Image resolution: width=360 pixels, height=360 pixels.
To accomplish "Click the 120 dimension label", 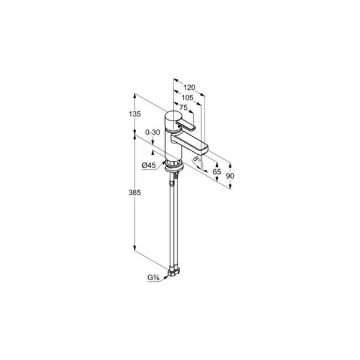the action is pos(189,87).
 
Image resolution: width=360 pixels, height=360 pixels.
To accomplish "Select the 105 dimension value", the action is pos(188,98).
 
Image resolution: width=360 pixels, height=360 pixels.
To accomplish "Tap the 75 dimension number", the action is pos(183,107).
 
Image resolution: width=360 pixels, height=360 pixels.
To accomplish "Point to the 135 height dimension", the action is pos(135,113).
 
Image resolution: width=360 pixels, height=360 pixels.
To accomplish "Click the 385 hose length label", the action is pos(134,193).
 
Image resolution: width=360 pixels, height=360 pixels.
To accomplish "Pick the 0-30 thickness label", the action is pos(152,132).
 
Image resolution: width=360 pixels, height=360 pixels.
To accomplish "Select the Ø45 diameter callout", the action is pos(149,165).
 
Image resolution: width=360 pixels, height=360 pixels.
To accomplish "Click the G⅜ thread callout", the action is pos(154,278).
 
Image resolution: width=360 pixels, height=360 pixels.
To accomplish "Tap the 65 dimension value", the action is pos(217,172).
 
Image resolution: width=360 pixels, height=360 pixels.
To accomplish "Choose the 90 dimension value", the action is pos(230,176).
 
